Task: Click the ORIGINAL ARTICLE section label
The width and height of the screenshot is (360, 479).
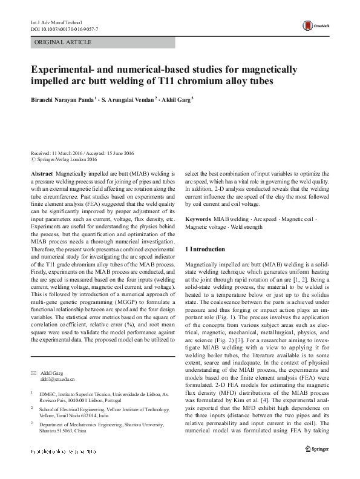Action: (64, 42)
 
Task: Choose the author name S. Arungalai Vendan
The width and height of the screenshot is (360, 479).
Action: (129, 99)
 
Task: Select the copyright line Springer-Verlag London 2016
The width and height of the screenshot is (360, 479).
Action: (67, 159)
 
